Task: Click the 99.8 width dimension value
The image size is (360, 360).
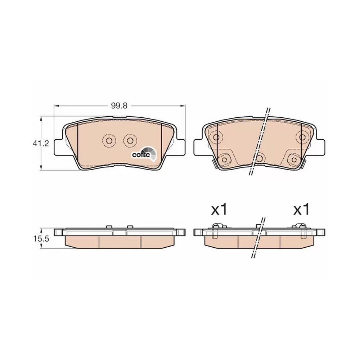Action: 119,106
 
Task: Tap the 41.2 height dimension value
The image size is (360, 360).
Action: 41,144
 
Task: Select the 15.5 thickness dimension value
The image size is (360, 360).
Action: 41,239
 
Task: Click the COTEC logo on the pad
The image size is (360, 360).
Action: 144,154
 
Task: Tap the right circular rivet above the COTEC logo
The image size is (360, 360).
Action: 130,140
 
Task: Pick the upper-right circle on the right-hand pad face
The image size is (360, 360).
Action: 303,137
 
